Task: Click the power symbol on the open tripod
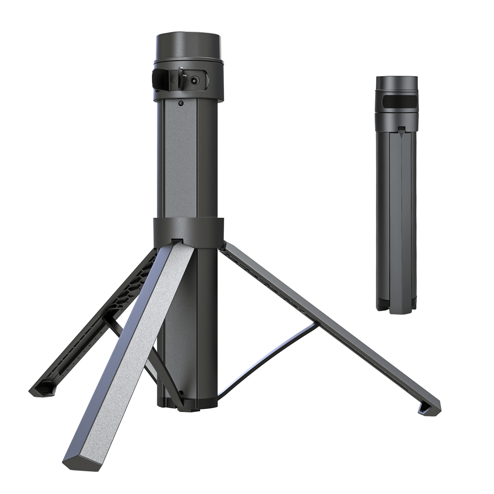click(x=174, y=79)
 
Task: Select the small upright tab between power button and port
click(x=182, y=77)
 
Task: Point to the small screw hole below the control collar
click(x=181, y=103)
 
